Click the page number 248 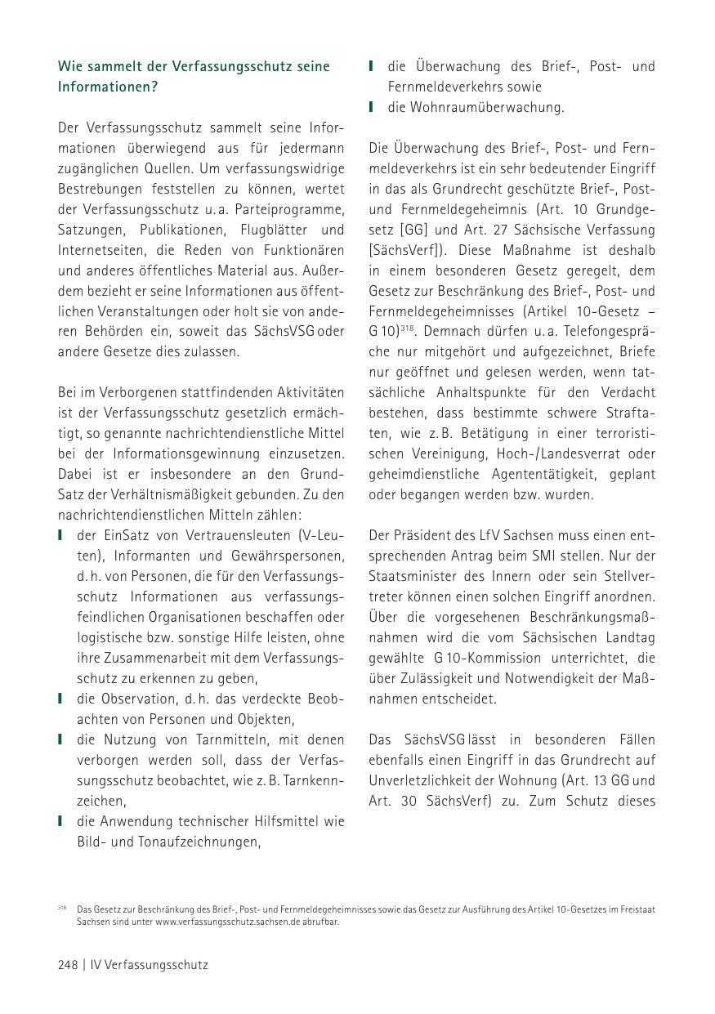(x=68, y=965)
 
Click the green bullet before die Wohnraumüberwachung (x=372, y=107)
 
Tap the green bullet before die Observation (x=60, y=699)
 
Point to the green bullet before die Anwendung (x=60, y=821)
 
